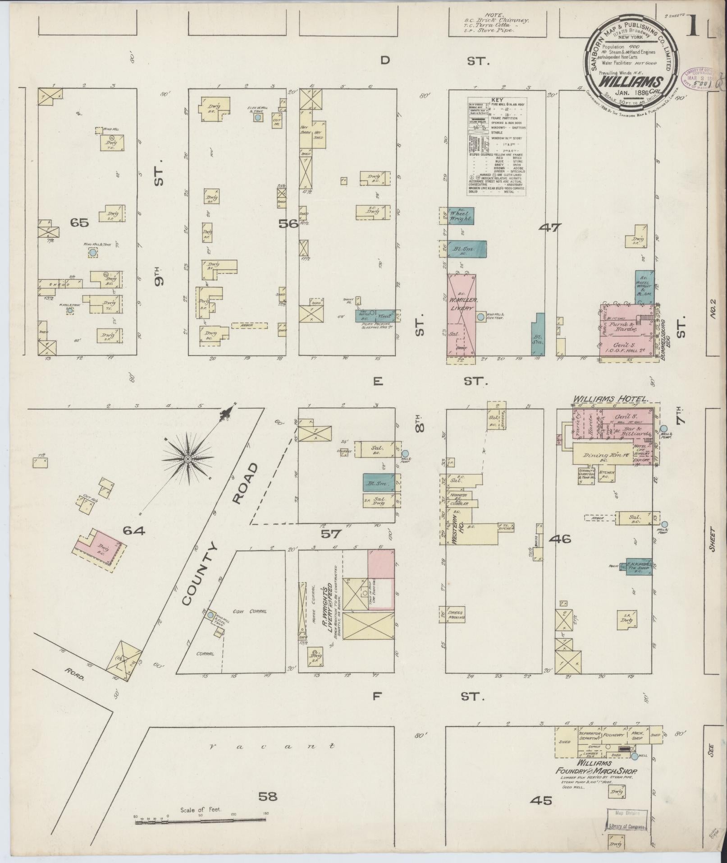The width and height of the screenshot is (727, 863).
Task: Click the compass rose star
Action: pos(187,459)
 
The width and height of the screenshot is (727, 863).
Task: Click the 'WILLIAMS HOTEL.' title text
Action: pos(611,399)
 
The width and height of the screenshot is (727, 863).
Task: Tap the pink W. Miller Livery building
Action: pos(461,314)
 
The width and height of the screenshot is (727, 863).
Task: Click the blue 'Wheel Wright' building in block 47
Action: pos(459,216)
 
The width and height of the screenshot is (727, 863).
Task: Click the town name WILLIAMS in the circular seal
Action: pos(630,83)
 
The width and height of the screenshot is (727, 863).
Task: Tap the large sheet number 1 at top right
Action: pos(694,27)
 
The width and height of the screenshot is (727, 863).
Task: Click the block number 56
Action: pos(289,223)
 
